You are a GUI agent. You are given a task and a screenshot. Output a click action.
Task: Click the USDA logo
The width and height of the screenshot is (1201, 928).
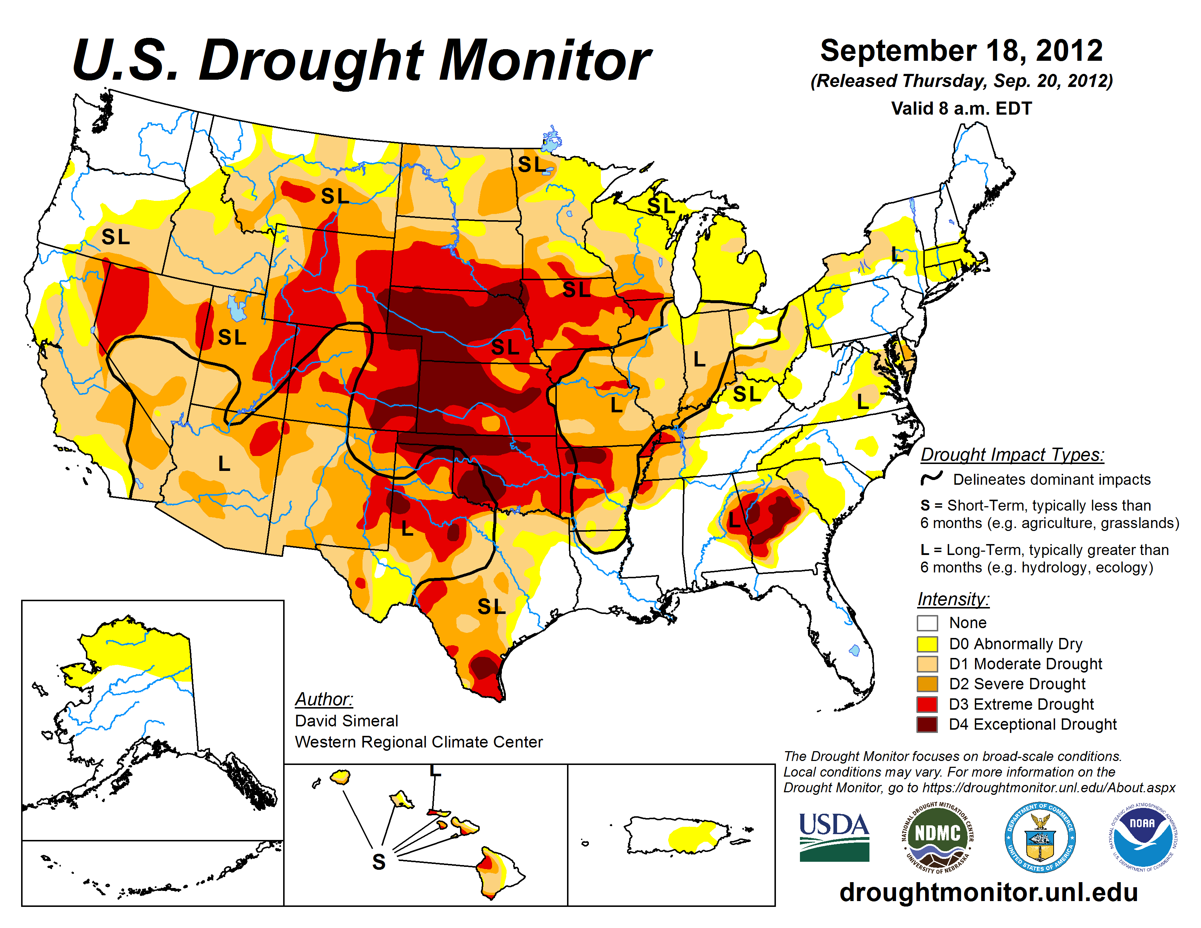834,837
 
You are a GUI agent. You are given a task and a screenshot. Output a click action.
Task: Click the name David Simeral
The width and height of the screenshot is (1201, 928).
346,721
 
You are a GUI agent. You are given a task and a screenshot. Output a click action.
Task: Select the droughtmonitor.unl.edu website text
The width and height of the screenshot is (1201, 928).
988,892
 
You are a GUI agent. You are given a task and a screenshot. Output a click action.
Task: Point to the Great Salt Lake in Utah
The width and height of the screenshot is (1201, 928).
237,308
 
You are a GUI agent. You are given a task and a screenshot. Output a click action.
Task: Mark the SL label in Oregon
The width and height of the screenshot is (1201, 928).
115,237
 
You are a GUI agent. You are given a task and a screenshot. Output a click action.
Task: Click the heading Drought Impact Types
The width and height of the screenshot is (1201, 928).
1012,455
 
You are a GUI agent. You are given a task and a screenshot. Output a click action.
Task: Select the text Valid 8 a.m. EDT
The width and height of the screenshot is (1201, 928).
961,108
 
